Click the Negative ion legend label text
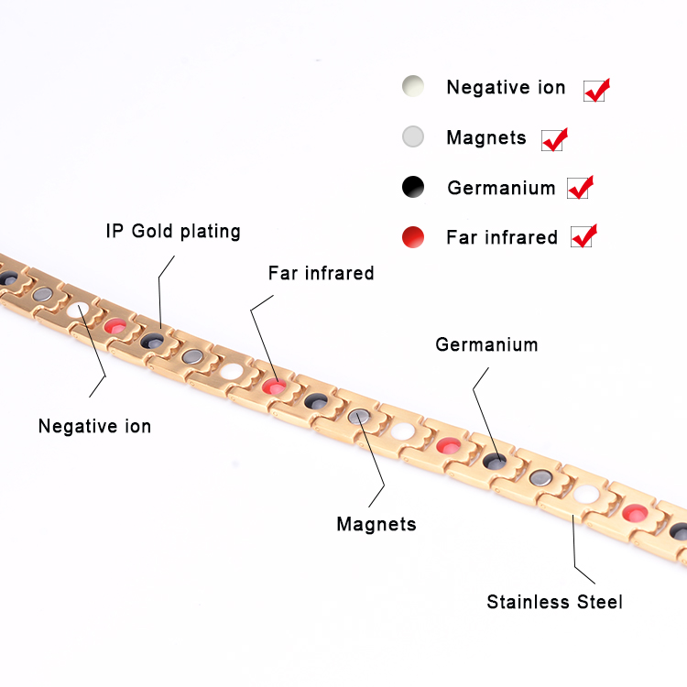pyautogui.click(x=506, y=88)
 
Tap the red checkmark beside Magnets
pyautogui.click(x=554, y=139)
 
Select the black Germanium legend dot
pyautogui.click(x=413, y=188)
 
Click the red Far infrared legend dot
pyautogui.click(x=413, y=238)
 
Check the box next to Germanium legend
pyautogui.click(x=579, y=188)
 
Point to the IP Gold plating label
pyautogui.click(x=172, y=231)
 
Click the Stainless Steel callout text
pyautogui.click(x=554, y=602)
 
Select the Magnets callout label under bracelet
pyautogui.click(x=376, y=524)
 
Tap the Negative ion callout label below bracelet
pyautogui.click(x=94, y=426)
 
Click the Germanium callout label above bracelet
pyautogui.click(x=486, y=345)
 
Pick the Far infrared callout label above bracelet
pyautogui.click(x=321, y=273)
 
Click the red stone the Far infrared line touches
pyautogui.click(x=272, y=387)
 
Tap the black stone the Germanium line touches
pyautogui.click(x=495, y=460)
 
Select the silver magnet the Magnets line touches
pyautogui.click(x=360, y=417)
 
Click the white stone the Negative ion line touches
pyautogui.click(x=80, y=311)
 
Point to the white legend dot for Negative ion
pyautogui.click(x=413, y=88)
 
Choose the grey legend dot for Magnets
pyautogui.click(x=413, y=137)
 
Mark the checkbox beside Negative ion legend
pyautogui.click(x=595, y=90)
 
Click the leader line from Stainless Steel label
pyautogui.click(x=575, y=550)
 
